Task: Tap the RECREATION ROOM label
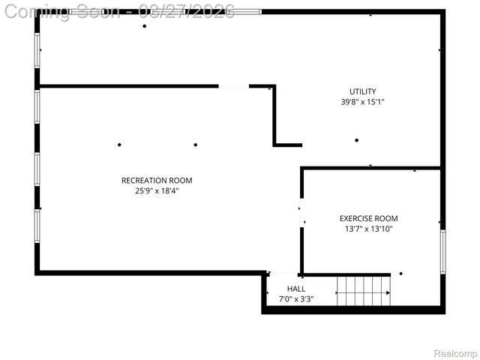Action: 157,180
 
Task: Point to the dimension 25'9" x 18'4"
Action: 157,190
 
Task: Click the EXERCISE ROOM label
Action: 368,218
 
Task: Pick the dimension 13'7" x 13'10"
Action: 368,229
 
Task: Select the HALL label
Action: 296,289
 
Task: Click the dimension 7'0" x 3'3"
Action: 296,299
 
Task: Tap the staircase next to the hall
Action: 363,291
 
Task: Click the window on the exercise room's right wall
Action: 442,252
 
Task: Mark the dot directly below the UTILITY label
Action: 357,140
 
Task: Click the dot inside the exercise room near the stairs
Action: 400,274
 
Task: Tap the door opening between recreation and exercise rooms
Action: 301,214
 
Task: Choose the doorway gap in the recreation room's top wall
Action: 233,86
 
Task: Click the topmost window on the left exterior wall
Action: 37,50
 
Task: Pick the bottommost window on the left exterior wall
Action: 37,226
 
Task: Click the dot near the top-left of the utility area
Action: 144,26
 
